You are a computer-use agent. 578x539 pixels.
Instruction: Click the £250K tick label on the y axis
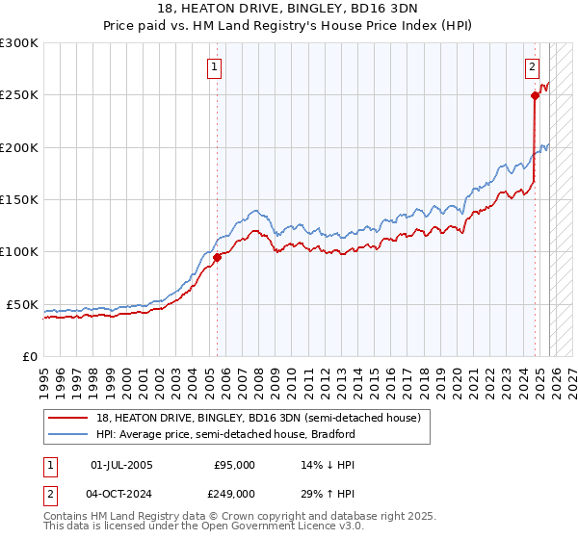[19, 95]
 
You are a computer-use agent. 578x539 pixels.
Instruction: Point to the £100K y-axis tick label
[19, 252]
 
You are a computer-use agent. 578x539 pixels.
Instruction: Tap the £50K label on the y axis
[22, 304]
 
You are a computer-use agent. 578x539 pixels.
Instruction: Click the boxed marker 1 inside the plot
[214, 67]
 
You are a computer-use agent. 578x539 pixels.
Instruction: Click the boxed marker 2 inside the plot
[532, 67]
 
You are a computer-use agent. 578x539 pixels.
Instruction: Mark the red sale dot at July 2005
[217, 257]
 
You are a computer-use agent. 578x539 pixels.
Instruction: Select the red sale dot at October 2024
[536, 95]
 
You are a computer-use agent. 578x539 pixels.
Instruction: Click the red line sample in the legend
[67, 419]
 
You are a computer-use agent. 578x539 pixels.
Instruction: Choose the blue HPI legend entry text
[226, 434]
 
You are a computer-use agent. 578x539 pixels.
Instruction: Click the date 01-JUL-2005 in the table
[121, 465]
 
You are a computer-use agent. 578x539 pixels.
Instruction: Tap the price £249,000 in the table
[235, 493]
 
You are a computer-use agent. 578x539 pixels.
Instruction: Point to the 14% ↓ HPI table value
[328, 465]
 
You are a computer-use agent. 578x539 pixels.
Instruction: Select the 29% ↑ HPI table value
[328, 493]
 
